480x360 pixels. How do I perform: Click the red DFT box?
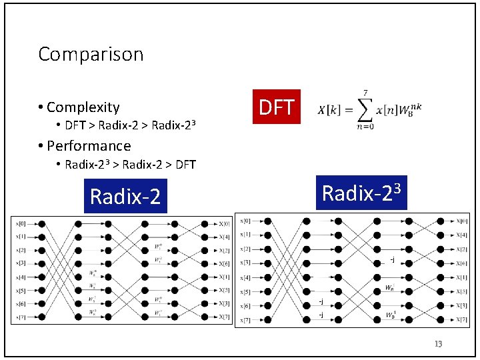(276, 107)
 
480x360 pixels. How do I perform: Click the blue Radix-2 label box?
(125, 197)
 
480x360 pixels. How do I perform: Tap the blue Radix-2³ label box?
(361, 193)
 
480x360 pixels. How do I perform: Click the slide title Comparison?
(91, 54)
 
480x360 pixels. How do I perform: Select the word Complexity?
(83, 107)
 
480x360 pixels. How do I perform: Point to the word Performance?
(89, 145)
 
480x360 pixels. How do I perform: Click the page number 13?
(438, 344)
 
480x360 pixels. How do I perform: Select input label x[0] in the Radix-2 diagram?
(21, 224)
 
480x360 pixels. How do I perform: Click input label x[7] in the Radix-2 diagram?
(21, 317)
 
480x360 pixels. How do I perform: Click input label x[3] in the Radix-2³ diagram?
(245, 263)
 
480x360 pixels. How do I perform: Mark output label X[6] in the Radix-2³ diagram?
(462, 263)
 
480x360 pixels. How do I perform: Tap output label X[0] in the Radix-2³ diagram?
(462, 221)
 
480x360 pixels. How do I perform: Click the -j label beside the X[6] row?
(393, 259)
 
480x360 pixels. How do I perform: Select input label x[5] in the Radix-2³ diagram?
(245, 291)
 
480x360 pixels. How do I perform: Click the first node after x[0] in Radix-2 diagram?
(41, 224)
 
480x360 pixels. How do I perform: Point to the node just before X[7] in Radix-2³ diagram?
(442, 319)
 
